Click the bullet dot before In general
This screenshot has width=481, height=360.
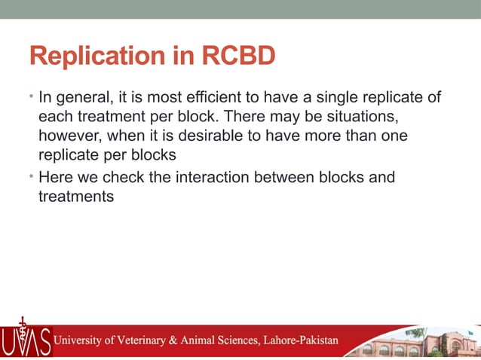[32, 97]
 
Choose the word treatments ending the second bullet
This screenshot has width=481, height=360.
[75, 197]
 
